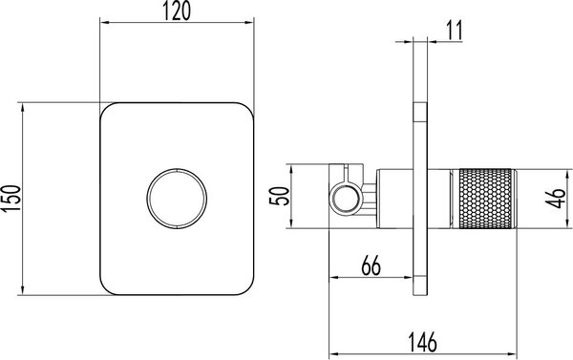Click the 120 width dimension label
pos(176,11)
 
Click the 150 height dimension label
pos(11,199)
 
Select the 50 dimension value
pos(279,196)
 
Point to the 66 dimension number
pos(371,265)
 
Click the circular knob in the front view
pos(177,199)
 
